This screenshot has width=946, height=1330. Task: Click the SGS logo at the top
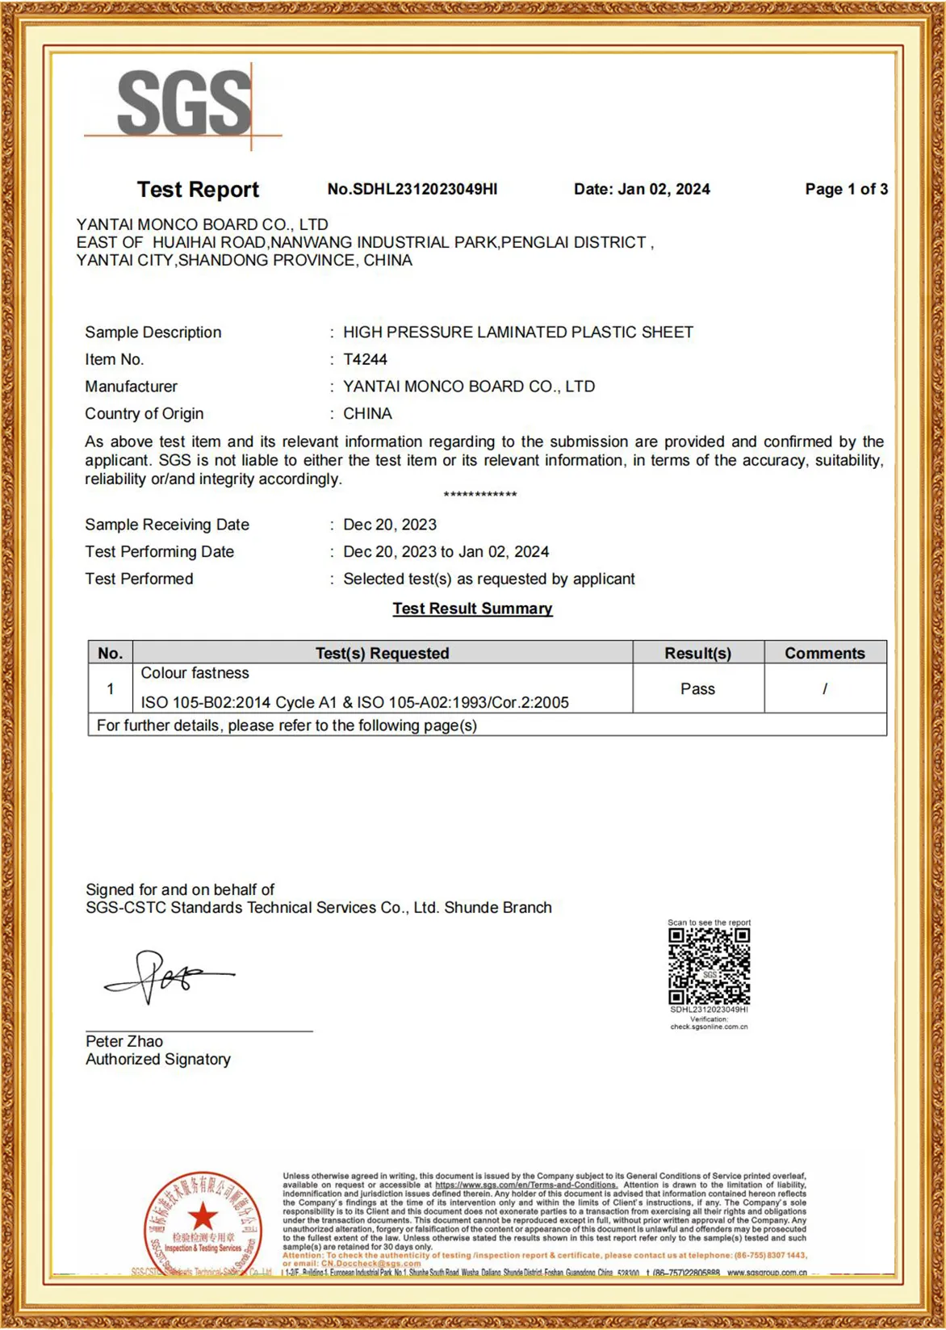pyautogui.click(x=184, y=103)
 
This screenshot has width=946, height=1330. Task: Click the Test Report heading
pyautogui.click(x=198, y=190)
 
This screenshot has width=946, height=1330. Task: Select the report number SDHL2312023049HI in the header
pyautogui.click(x=412, y=190)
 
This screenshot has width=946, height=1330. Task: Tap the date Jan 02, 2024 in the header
pyautogui.click(x=642, y=190)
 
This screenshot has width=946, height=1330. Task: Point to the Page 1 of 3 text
pyautogui.click(x=846, y=190)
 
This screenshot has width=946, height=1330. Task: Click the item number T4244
pyautogui.click(x=365, y=359)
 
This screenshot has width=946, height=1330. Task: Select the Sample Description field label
pyautogui.click(x=153, y=332)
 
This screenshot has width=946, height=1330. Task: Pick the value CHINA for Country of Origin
pyautogui.click(x=367, y=413)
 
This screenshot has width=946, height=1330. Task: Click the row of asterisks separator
pyautogui.click(x=480, y=494)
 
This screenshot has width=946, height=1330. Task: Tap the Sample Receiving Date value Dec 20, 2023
pyautogui.click(x=390, y=525)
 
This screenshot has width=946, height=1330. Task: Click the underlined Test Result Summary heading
pyautogui.click(x=472, y=609)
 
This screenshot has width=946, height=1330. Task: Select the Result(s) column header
pyautogui.click(x=697, y=653)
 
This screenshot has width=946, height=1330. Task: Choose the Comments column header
pyautogui.click(x=824, y=653)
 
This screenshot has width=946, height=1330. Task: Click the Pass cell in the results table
pyautogui.click(x=697, y=688)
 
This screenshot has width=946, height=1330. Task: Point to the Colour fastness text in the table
pyautogui.click(x=195, y=673)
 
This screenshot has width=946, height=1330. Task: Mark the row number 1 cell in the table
pyautogui.click(x=110, y=688)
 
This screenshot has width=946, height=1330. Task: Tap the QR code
pyautogui.click(x=709, y=965)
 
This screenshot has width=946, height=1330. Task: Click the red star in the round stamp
pyautogui.click(x=203, y=1216)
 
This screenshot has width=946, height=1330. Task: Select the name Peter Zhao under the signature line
pyautogui.click(x=124, y=1041)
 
